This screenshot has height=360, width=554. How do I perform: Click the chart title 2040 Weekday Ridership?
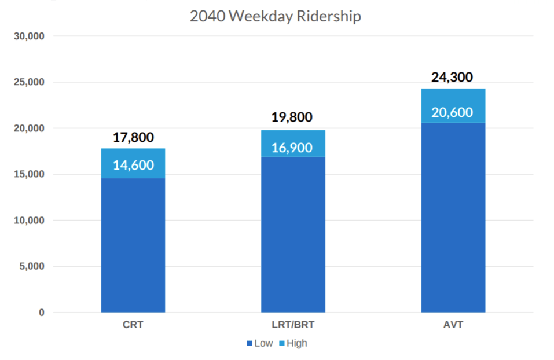point(275,16)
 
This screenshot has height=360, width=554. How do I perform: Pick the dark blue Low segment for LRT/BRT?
point(293,234)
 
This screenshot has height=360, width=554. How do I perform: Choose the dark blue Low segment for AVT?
point(453,217)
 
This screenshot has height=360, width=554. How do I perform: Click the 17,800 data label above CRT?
point(133,138)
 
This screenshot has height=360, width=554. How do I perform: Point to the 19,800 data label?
point(292,117)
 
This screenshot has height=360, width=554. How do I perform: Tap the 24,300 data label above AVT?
point(452,77)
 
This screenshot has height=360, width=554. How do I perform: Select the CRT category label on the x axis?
point(133,325)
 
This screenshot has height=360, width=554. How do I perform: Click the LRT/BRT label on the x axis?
point(293,325)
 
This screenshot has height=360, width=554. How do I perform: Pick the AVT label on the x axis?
point(453,325)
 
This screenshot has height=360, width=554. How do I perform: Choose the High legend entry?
point(293,343)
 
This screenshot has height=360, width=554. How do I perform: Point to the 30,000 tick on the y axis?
point(29,36)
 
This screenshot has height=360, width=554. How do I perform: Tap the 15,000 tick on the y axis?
point(29,174)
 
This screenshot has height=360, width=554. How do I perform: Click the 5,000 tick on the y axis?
point(31,267)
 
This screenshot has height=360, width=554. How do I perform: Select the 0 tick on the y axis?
point(41,313)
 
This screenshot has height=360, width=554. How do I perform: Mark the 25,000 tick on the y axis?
point(29,82)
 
